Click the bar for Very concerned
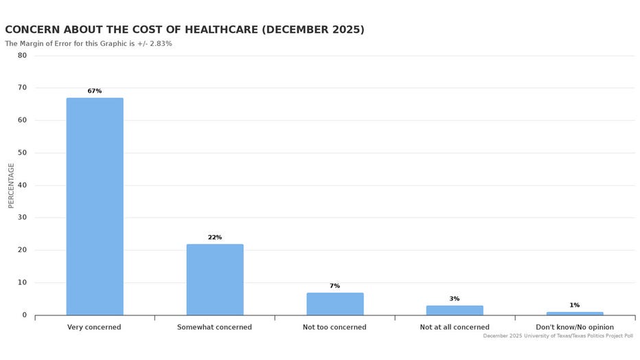(x=95, y=206)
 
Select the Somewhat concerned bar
(x=214, y=280)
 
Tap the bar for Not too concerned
(x=334, y=304)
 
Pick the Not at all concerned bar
(x=454, y=311)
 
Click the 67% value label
(x=95, y=91)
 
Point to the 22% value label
(x=214, y=237)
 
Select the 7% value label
(x=334, y=286)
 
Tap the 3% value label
(x=454, y=299)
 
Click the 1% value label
(x=574, y=305)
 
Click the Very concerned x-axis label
(x=94, y=327)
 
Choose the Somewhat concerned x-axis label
(x=214, y=327)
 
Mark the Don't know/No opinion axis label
(x=574, y=327)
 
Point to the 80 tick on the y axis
(x=22, y=56)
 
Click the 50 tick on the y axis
(x=22, y=153)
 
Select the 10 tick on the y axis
(x=22, y=282)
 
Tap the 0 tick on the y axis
(x=24, y=315)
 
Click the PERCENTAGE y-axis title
(x=11, y=185)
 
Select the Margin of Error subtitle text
(x=89, y=44)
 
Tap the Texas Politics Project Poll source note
(x=558, y=336)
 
